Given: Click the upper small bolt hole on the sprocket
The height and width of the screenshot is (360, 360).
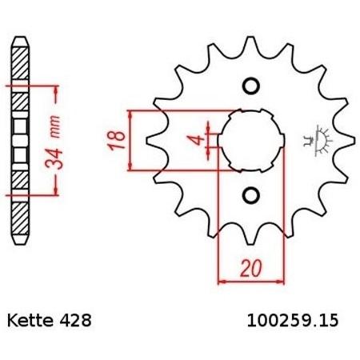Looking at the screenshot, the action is pos(251,86).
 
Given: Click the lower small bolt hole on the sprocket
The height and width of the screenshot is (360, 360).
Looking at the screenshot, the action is pos(251,195).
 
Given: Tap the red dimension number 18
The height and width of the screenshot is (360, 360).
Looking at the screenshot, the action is pos(117,140).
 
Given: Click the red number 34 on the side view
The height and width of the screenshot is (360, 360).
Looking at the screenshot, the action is pos(54,159).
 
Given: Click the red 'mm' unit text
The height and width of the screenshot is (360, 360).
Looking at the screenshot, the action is pos(55,126).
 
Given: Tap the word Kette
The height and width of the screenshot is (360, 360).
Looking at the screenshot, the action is pos(30,320).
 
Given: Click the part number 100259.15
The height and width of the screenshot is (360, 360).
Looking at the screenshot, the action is pos(293,320).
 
